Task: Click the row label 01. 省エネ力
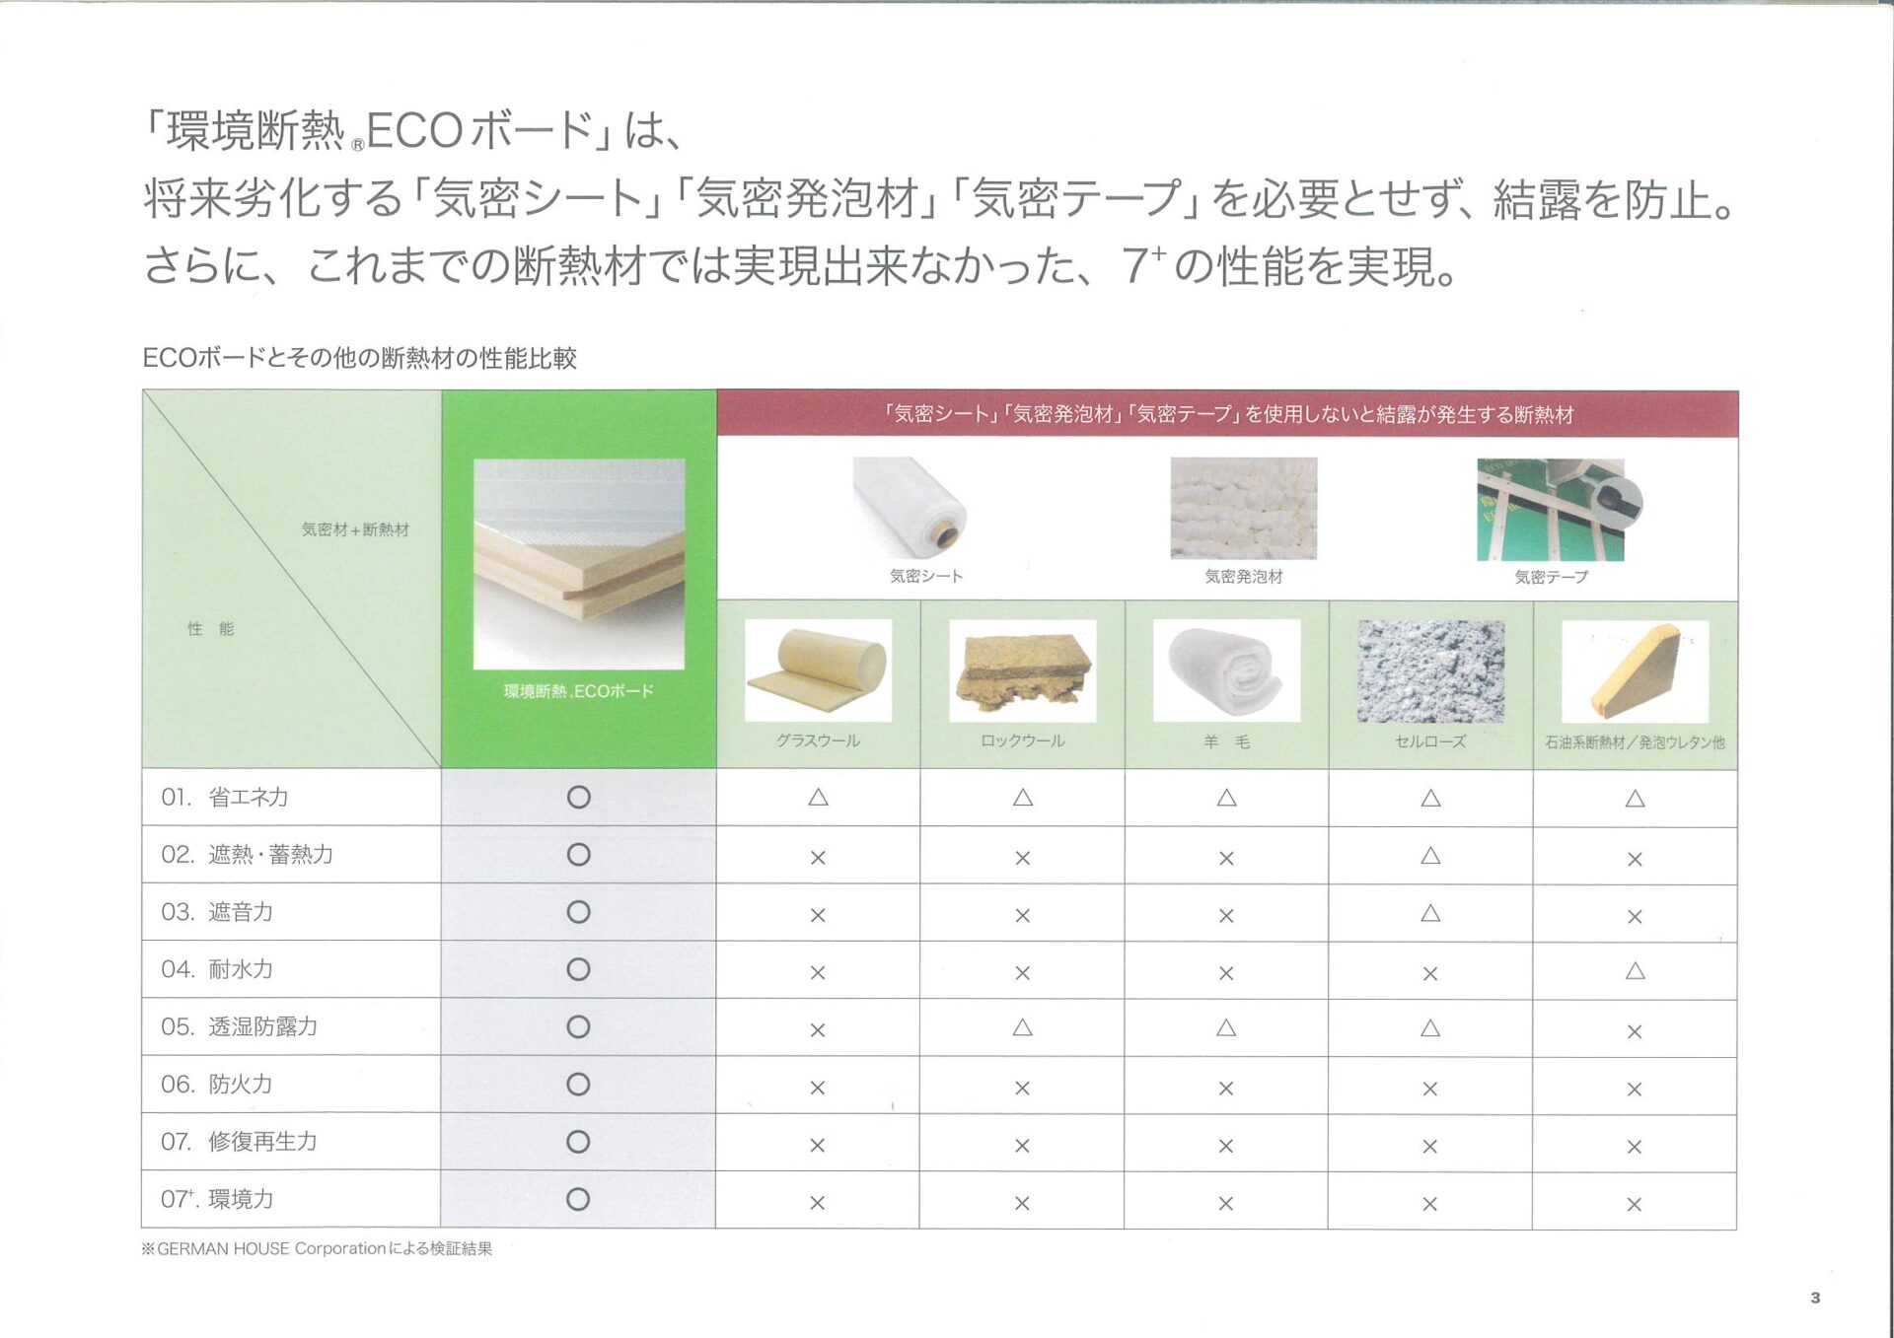coord(225,797)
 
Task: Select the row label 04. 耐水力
coord(217,969)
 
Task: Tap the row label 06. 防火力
coord(217,1085)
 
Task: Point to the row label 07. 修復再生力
coord(240,1142)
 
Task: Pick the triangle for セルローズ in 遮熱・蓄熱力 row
coord(1430,856)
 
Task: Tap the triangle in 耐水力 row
coord(1635,971)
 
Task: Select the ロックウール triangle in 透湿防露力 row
coord(1022,1027)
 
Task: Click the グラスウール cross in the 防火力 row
coord(818,1088)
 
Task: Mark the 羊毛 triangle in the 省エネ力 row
coord(1226,797)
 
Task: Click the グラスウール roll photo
coord(819,670)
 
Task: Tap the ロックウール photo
coord(1023,670)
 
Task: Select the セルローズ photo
coord(1431,671)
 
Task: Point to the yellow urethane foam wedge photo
coord(1636,671)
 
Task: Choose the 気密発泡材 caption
coord(1244,577)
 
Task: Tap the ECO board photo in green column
coord(579,564)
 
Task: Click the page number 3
coord(1815,1298)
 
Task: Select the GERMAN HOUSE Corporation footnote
coord(317,1248)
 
